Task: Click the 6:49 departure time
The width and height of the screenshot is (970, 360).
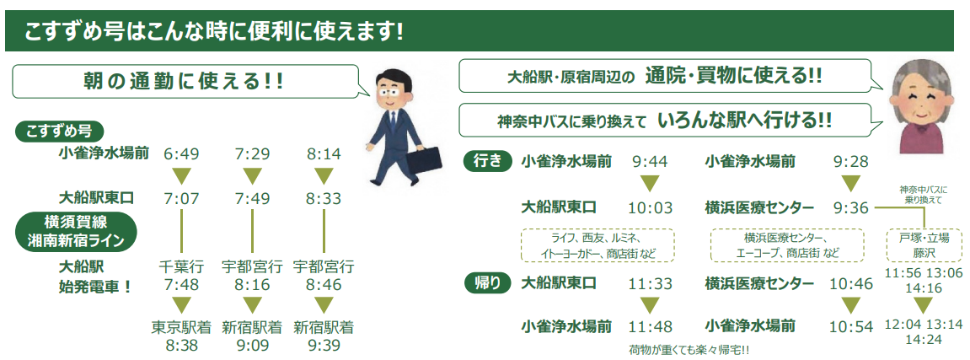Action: click(x=181, y=154)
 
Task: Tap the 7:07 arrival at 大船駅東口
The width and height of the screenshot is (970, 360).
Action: click(x=181, y=199)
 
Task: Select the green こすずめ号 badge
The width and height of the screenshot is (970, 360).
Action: click(x=59, y=132)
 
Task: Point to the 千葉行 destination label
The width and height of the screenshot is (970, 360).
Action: click(x=181, y=267)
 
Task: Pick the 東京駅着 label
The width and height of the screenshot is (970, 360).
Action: click(x=181, y=327)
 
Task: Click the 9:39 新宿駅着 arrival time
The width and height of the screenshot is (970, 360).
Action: click(x=324, y=345)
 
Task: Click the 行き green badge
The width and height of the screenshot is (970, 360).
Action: click(x=488, y=162)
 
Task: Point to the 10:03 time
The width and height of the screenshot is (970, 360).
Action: click(x=650, y=208)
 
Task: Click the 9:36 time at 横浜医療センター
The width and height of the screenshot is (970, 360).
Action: click(x=851, y=208)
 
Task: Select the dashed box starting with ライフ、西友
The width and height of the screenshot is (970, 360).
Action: click(x=598, y=245)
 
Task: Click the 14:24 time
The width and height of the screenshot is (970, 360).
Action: click(x=922, y=340)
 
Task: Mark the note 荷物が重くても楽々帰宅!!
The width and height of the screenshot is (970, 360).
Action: click(x=689, y=351)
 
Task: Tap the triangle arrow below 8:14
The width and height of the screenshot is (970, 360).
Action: click(x=324, y=176)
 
